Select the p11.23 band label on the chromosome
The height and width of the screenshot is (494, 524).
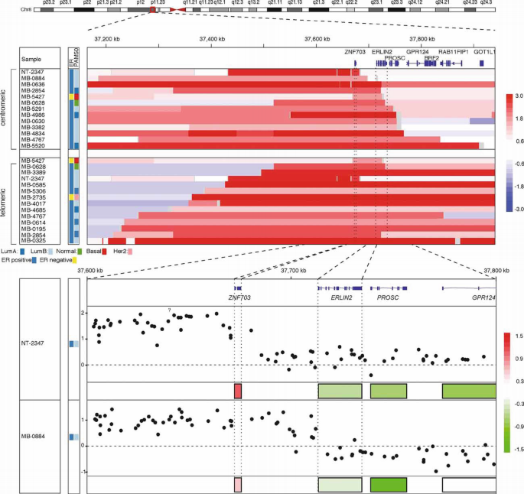click(157, 3)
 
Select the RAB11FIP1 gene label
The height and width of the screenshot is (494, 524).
click(453, 51)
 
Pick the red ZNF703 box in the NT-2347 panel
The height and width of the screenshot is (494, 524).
click(238, 391)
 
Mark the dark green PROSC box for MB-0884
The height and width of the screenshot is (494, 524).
click(388, 484)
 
